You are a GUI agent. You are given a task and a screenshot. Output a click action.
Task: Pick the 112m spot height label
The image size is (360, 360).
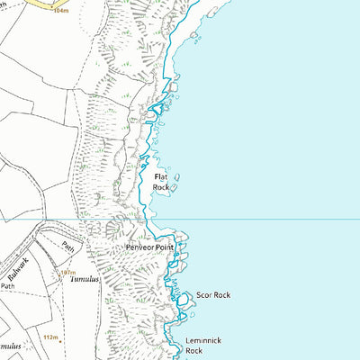pyautogui.click(x=50, y=338)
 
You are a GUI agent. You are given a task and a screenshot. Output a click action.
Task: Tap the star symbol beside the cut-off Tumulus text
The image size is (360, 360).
pyautogui.click(x=26, y=346)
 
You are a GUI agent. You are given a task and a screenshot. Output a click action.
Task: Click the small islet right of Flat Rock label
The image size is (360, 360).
pyautogui.click(x=177, y=178)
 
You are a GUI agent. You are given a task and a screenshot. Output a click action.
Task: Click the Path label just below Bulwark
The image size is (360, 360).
pyautogui.click(x=7, y=286)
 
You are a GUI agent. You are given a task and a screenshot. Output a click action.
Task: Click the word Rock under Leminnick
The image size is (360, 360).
pyautogui.click(x=195, y=352)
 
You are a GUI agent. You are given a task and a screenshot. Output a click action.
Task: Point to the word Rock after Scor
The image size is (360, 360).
pyautogui.click(x=221, y=295)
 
